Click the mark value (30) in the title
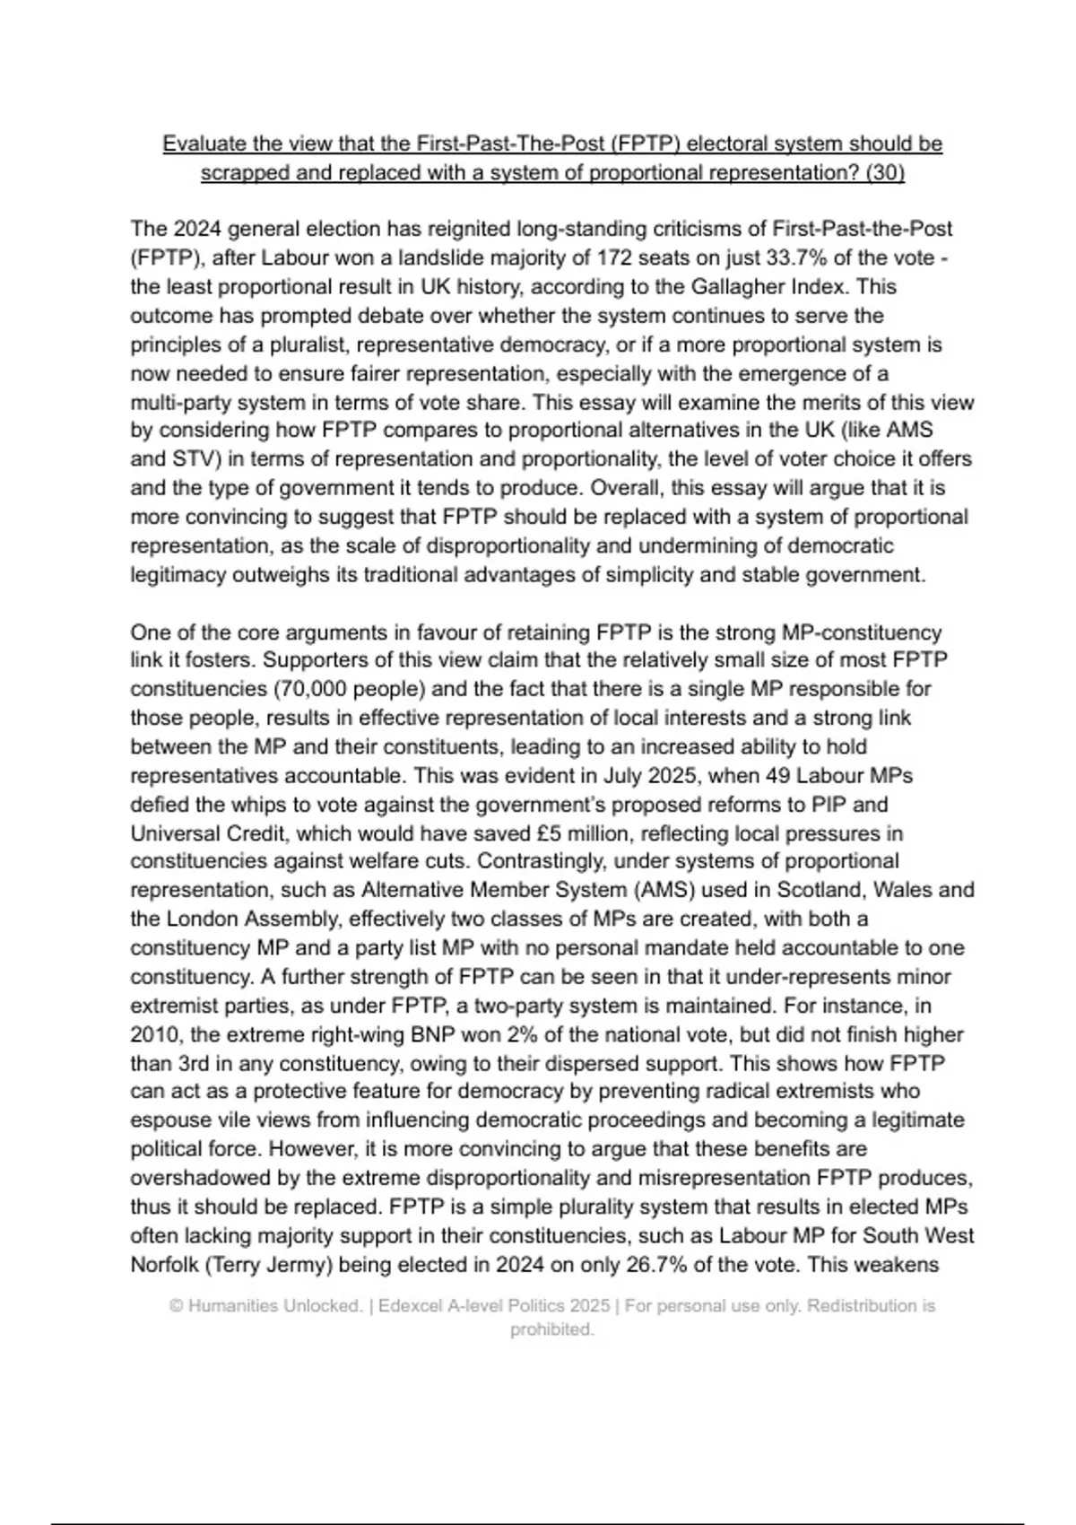tap(886, 172)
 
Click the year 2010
tap(155, 1034)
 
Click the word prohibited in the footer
tap(551, 1329)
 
